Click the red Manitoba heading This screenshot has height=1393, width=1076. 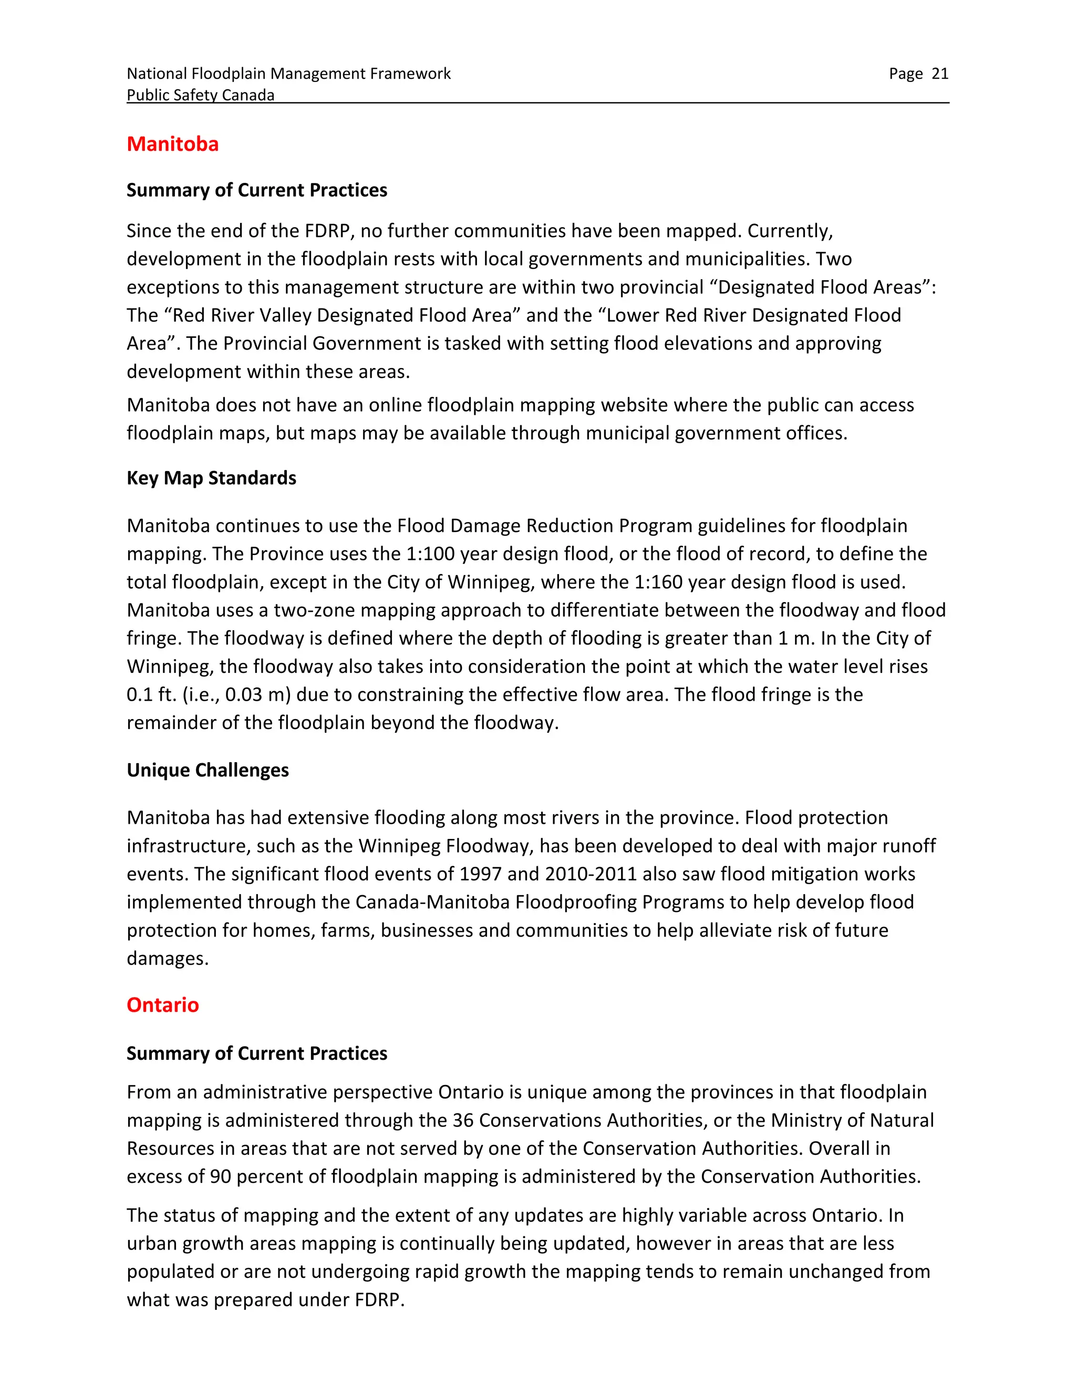point(172,144)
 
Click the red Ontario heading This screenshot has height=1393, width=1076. point(162,1005)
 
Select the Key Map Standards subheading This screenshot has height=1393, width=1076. point(211,478)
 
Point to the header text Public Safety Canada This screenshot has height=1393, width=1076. point(200,95)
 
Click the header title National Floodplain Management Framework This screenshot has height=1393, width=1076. point(288,74)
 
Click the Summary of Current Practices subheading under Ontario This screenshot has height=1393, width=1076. point(256,1053)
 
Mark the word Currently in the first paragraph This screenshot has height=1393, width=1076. point(790,231)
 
